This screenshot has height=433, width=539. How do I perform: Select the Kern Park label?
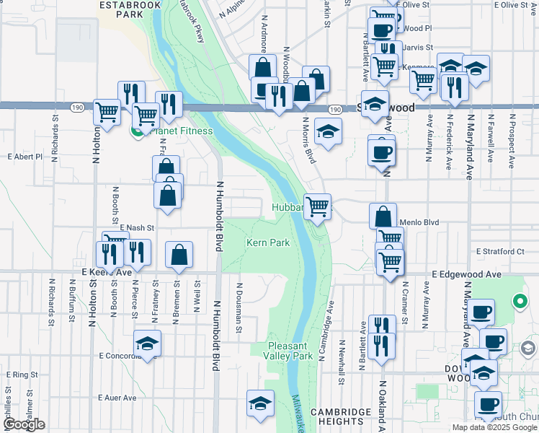pyautogui.click(x=268, y=243)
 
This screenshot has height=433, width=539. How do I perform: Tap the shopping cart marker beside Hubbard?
pyautogui.click(x=317, y=207)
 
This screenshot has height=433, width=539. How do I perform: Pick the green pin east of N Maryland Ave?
pyautogui.click(x=519, y=300)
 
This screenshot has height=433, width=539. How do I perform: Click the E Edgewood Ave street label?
pyautogui.click(x=466, y=275)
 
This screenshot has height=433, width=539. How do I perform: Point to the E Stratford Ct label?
pyautogui.click(x=500, y=252)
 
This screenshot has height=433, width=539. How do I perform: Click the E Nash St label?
pyautogui.click(x=138, y=227)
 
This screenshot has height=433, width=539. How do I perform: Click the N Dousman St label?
pyautogui.click(x=239, y=307)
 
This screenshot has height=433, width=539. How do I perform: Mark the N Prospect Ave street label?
pyautogui.click(x=513, y=141)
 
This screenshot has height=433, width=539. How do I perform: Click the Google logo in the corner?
pyautogui.click(x=24, y=424)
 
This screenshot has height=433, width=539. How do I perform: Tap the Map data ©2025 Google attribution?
pyautogui.click(x=494, y=427)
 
